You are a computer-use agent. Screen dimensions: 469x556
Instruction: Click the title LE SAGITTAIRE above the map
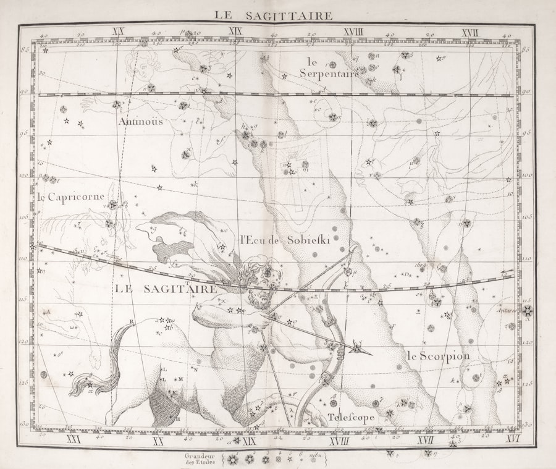(x=273, y=15)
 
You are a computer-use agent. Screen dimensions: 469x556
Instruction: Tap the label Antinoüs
(x=142, y=121)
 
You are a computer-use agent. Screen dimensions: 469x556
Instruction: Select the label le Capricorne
(x=71, y=197)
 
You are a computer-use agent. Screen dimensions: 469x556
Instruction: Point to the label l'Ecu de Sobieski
(x=285, y=241)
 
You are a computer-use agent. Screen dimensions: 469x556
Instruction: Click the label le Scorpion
(x=438, y=356)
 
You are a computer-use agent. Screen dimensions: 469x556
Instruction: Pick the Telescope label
(x=351, y=417)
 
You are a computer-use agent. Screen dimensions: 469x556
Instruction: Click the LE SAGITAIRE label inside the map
(x=166, y=289)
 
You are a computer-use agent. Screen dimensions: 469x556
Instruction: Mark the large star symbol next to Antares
(x=527, y=310)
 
